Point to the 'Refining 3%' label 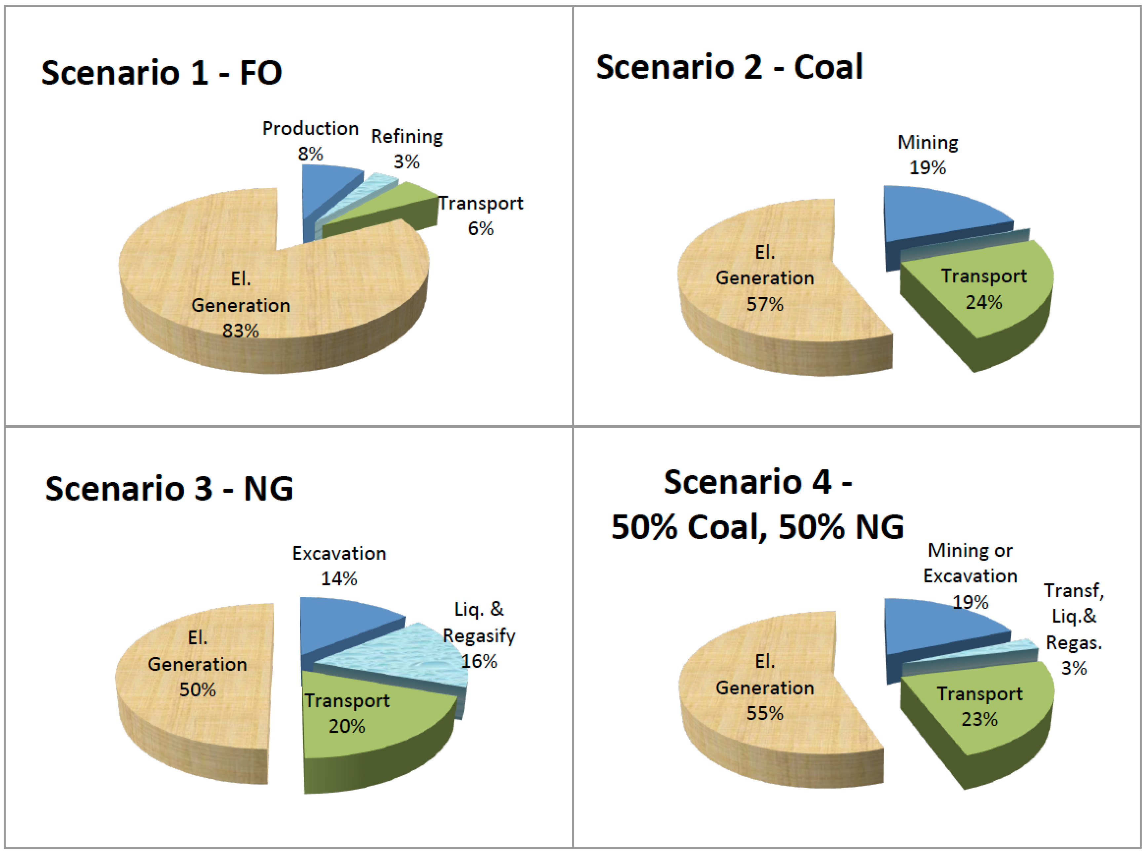point(407,149)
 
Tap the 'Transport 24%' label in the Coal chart point(983,289)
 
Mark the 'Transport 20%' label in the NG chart point(347,713)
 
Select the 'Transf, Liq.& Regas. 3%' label point(1074,629)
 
